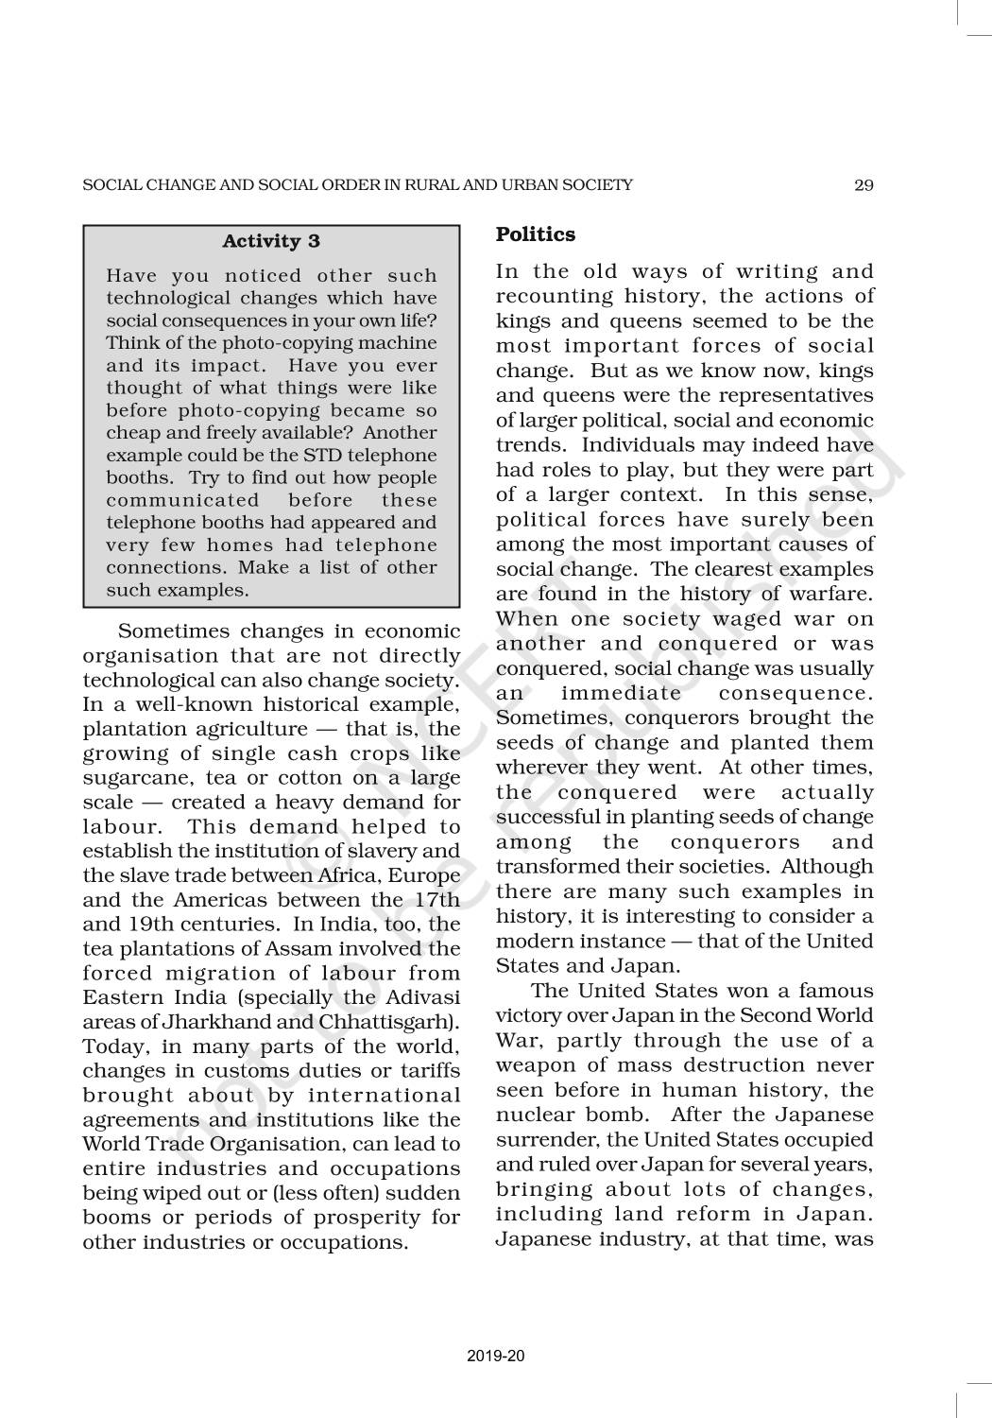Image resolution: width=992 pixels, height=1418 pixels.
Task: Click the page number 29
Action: coord(864,185)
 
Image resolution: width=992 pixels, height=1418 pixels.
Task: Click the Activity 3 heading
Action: coord(271,241)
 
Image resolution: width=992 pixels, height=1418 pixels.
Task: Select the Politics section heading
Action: coord(536,234)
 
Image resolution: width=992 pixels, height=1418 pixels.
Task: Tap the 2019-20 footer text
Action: coord(496,1356)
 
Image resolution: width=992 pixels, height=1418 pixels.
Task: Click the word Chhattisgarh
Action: coord(398,1023)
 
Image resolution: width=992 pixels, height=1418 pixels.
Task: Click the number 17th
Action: coord(437,900)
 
